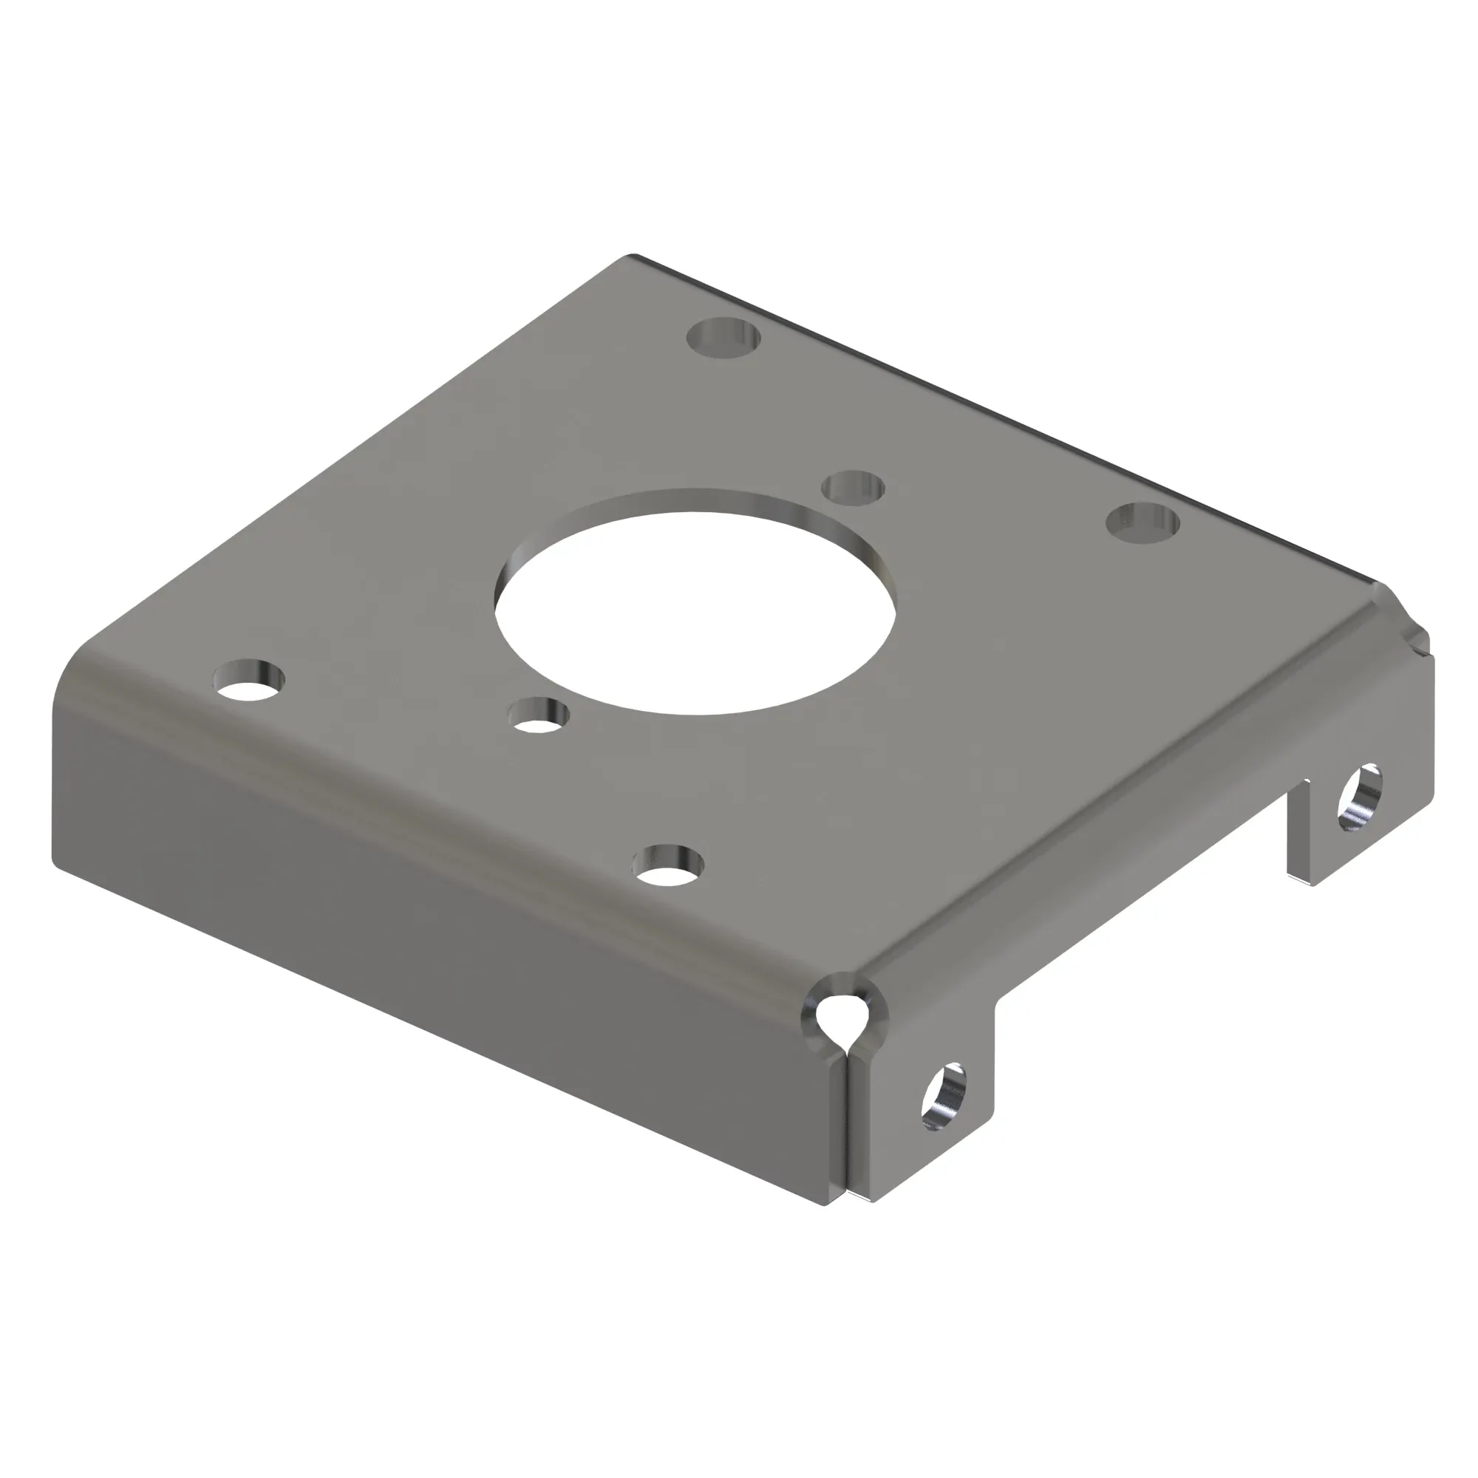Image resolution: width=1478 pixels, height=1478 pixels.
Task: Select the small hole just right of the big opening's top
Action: [853, 487]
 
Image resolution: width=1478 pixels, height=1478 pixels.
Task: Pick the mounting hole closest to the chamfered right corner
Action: [1142, 522]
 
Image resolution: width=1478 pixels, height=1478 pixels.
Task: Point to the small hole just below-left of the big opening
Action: [540, 715]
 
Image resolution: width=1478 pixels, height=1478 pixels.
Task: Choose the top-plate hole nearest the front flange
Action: [669, 867]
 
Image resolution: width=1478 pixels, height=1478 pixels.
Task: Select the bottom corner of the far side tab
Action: [1310, 883]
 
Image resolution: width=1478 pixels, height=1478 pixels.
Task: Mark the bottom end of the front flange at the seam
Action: [826, 1204]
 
